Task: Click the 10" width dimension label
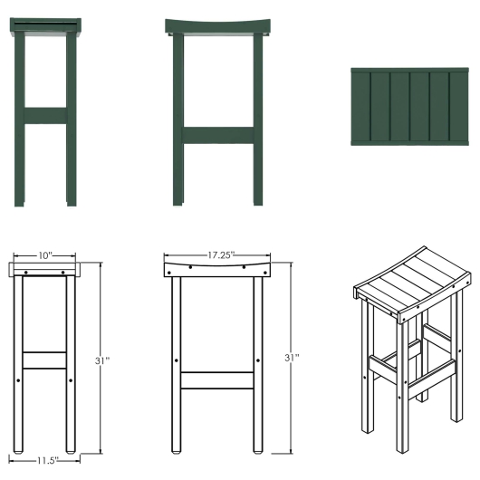pos(44,255)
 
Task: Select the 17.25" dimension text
pos(218,255)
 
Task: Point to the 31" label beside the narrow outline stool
pos(102,360)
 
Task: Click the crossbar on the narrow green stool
pos(45,115)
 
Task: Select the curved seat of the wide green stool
pos(218,28)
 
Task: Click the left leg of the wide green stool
pos(179,118)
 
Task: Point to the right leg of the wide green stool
pos(258,118)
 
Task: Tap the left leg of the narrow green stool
pos(20,118)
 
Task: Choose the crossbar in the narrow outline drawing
pos(44,360)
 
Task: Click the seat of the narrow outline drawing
pos(44,271)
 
